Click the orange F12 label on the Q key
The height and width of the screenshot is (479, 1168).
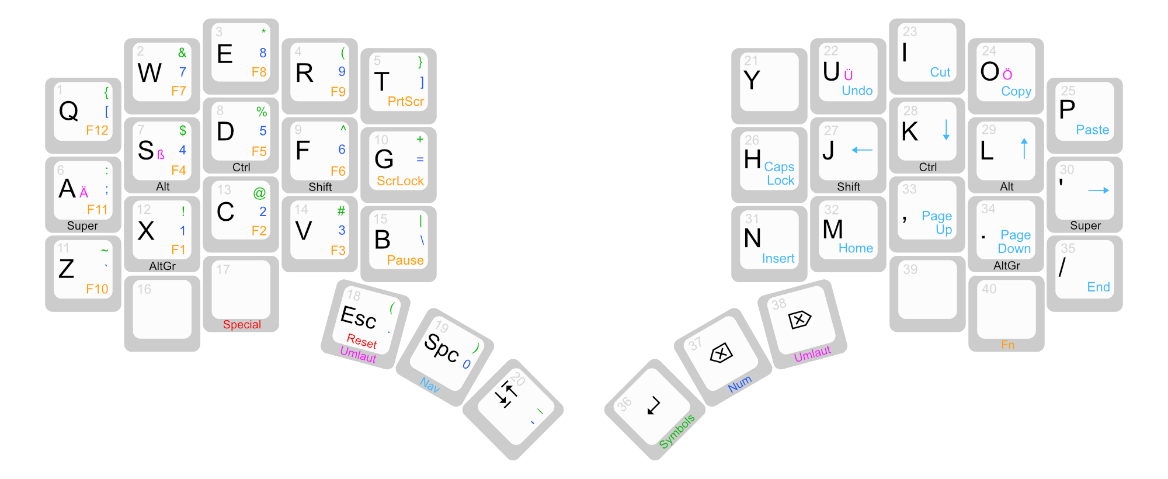point(97,130)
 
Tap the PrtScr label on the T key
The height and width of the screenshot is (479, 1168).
point(405,102)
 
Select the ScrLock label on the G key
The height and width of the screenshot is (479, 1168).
point(400,181)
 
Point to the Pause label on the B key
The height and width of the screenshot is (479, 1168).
point(405,261)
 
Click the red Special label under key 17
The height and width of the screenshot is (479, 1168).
point(242,325)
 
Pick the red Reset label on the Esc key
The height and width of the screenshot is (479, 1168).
point(361,341)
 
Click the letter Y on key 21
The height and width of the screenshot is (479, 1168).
point(752,81)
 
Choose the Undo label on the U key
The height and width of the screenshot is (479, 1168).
point(857,91)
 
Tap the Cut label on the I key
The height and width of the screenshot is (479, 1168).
point(940,72)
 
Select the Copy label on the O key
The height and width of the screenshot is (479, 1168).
point(1016,92)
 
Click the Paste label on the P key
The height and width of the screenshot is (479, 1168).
point(1092,130)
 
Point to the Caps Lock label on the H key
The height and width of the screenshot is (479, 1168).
point(780,174)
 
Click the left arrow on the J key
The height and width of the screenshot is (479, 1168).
point(862,150)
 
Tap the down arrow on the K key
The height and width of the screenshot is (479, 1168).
point(946,130)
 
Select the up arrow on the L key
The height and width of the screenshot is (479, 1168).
point(1024,148)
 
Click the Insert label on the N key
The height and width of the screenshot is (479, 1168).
point(778,259)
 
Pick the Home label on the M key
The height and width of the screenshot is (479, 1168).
point(856,248)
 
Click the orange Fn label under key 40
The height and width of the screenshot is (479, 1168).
point(1007,345)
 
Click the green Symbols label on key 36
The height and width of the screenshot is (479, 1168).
point(677,432)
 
